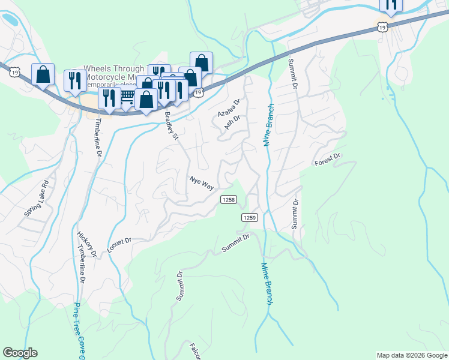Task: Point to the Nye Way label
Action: [x=202, y=183]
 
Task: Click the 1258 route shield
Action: [x=228, y=200]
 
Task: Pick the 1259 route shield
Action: [x=250, y=217]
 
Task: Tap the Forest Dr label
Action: [x=328, y=160]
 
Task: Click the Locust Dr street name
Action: [x=119, y=245]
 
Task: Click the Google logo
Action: [x=20, y=353]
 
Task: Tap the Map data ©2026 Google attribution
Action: [x=412, y=355]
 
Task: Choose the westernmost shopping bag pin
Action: [x=43, y=74]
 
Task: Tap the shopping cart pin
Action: [x=127, y=95]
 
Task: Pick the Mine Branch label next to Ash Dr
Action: [x=268, y=127]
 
